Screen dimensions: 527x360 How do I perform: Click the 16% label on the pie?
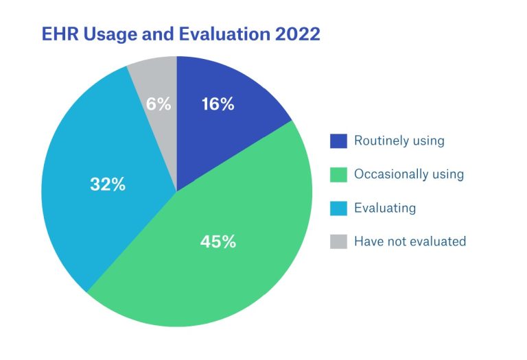pos(218,104)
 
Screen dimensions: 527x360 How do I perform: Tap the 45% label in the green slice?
pos(218,241)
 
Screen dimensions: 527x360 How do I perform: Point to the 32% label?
pos(108,184)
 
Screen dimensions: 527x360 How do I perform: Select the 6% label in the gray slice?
pos(159,104)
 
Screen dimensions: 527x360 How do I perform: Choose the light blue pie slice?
pos(101,175)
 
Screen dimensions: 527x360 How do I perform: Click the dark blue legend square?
pos(338,141)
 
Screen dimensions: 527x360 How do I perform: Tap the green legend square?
pos(338,175)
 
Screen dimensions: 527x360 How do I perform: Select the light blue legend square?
pos(338,208)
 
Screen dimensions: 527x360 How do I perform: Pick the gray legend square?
pos(338,242)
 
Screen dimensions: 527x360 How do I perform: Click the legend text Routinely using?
pos(399,141)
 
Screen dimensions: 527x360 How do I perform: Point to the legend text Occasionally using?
pos(409,174)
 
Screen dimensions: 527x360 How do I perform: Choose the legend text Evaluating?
pos(385,208)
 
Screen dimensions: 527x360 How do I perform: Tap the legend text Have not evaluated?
pos(410,241)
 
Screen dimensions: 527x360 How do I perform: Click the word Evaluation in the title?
pos(224,34)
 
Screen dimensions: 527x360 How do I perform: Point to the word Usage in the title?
pos(110,35)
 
